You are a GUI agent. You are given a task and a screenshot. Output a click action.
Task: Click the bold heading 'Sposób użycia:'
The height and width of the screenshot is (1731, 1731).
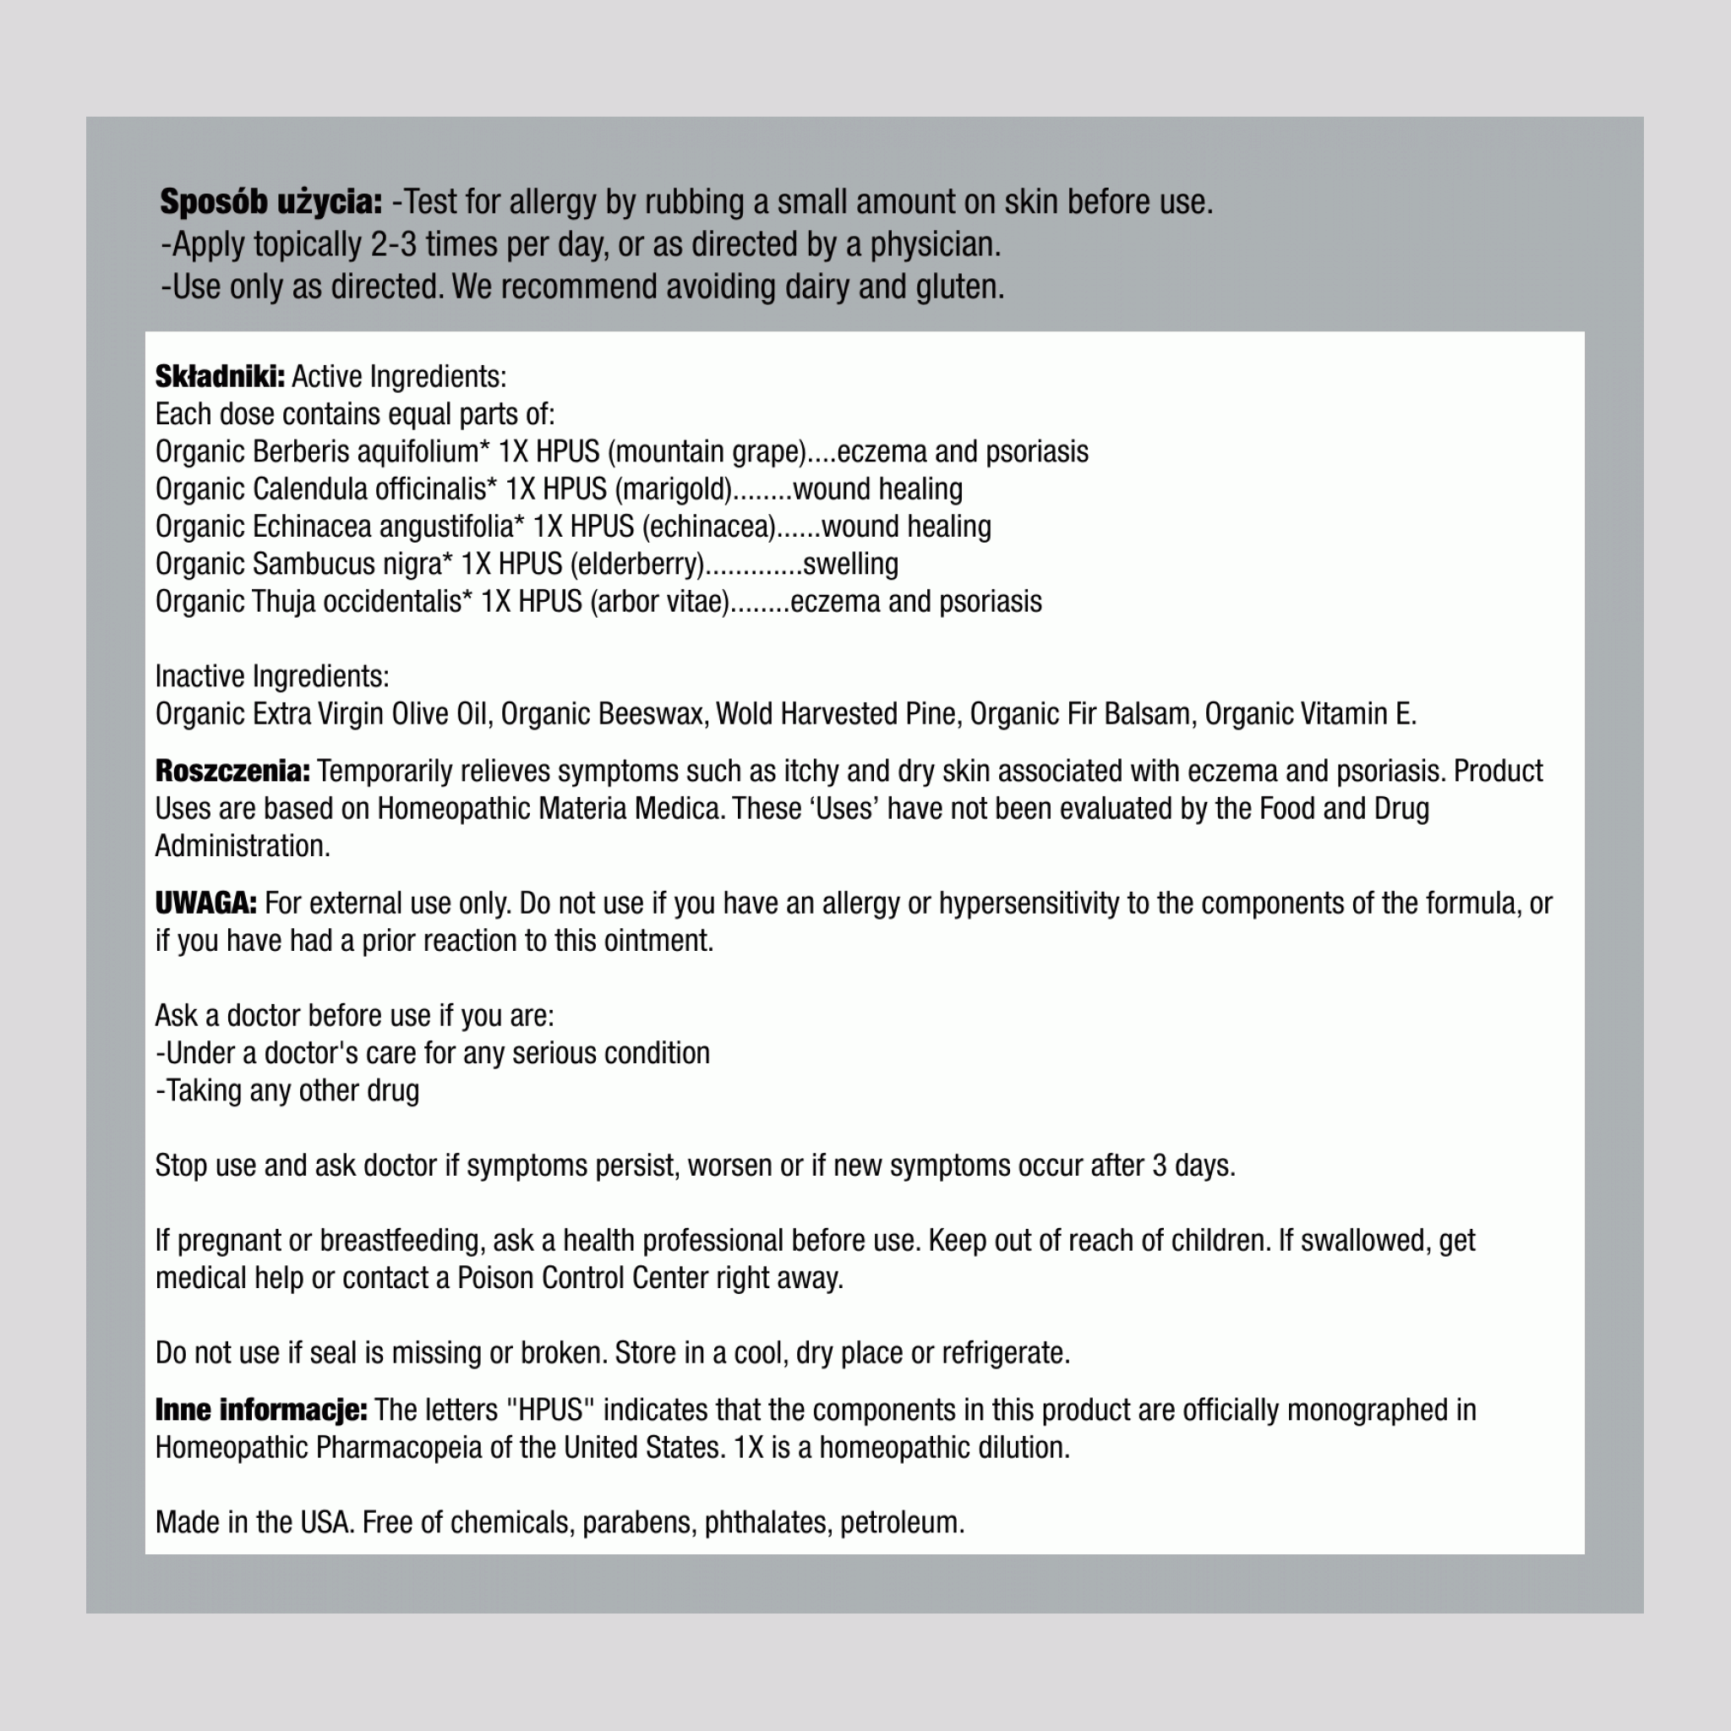click(x=270, y=203)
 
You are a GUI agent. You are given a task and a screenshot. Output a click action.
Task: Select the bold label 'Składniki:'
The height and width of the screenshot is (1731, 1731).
click(x=220, y=376)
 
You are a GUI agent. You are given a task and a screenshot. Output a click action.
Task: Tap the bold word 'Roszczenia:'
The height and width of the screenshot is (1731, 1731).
click(x=232, y=771)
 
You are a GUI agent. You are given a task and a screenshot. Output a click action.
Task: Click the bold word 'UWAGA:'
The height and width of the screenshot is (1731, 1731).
click(x=206, y=904)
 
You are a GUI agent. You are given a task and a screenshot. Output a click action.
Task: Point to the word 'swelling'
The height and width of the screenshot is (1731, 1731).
click(x=850, y=565)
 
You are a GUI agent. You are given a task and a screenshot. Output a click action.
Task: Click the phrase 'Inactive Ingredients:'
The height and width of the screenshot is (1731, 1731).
click(x=272, y=676)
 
